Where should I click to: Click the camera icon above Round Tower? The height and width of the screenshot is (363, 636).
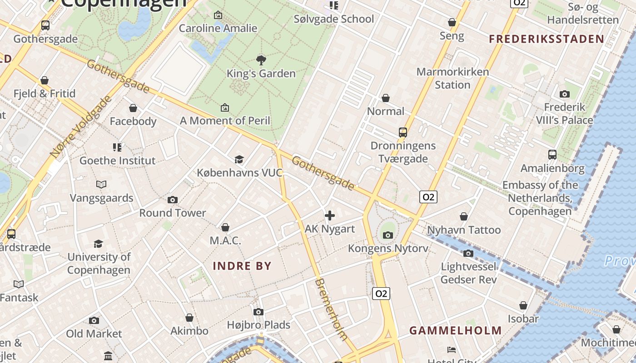tap(173, 200)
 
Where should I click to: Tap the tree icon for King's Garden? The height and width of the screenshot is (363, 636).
tap(261, 60)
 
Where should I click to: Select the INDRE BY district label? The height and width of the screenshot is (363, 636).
tap(242, 266)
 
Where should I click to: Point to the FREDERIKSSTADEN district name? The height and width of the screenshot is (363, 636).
tap(547, 39)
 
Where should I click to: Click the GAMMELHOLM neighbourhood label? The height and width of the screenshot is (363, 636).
tap(456, 330)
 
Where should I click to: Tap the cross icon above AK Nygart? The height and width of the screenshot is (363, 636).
tap(330, 216)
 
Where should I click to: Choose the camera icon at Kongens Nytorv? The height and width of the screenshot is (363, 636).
tap(388, 235)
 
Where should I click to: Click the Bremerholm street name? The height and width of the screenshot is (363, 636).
tap(331, 309)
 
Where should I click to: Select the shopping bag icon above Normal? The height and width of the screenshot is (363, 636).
tap(386, 98)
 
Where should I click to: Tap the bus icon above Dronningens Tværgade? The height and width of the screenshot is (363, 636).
tap(403, 132)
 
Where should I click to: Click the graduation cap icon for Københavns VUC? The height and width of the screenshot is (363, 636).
tap(239, 159)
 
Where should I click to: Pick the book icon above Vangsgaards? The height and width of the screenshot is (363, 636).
tap(101, 184)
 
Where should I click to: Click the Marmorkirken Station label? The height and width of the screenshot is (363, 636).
tap(452, 78)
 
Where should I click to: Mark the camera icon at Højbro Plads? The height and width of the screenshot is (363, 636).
tap(258, 312)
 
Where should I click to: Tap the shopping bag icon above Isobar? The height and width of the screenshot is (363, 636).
tap(523, 305)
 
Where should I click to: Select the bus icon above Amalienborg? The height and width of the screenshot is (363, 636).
tap(552, 155)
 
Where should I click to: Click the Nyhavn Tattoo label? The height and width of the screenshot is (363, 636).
tap(464, 230)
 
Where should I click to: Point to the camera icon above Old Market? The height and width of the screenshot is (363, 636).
tap(94, 321)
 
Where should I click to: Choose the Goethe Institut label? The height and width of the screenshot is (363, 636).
tap(117, 161)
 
